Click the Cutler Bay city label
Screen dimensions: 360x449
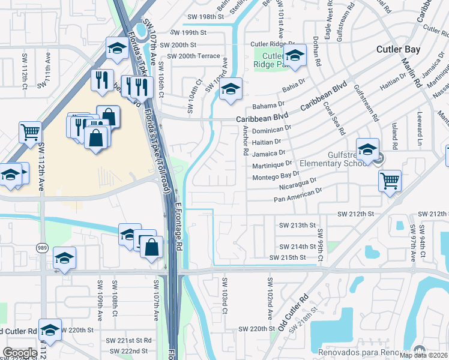398,49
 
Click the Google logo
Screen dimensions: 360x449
20,352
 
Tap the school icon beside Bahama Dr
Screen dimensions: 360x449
230,89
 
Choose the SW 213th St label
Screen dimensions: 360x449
298,225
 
